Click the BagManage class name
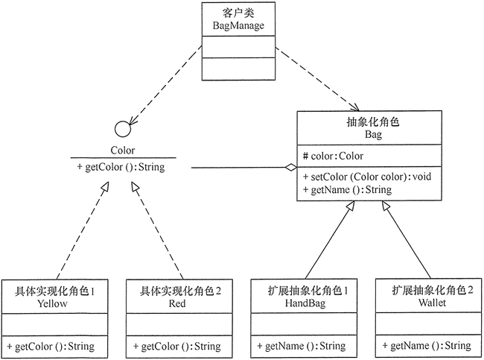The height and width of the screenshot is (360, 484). (238, 26)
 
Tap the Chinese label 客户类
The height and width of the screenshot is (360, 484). (238, 13)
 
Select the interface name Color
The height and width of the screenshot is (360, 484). (123, 149)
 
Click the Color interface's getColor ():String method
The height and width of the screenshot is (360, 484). (121, 167)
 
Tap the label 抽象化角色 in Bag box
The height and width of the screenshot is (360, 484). (373, 122)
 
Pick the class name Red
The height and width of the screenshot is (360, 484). (176, 303)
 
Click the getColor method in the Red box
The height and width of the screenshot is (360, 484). (177, 346)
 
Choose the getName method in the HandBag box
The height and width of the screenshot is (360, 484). (301, 346)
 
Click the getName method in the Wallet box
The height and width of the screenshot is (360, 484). (426, 346)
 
